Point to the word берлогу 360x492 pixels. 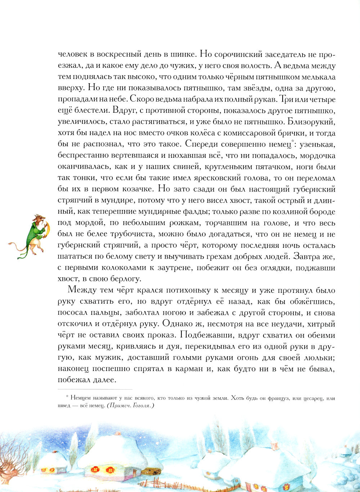pos(122,278)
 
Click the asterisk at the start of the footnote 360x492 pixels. pos(67,397)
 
